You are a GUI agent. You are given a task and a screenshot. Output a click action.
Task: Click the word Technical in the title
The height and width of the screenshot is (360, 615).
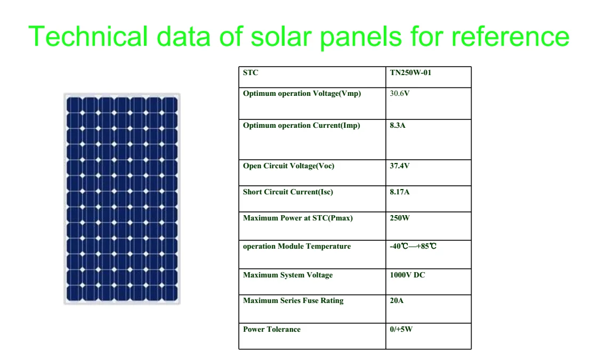tap(88, 36)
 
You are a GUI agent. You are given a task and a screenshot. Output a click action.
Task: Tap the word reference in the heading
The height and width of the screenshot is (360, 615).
tap(510, 36)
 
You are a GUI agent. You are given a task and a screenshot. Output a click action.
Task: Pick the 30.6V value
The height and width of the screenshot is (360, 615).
tap(400, 93)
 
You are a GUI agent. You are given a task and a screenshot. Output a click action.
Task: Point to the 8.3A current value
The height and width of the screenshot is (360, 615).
tap(398, 125)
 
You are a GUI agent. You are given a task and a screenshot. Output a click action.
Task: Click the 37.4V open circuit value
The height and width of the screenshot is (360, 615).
tap(400, 166)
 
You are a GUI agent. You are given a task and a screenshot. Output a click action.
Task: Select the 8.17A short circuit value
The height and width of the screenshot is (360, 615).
tap(400, 192)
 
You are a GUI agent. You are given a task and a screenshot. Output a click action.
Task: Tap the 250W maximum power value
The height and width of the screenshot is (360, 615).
tap(400, 218)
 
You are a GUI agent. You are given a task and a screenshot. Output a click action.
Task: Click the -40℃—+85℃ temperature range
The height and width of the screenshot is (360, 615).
tap(413, 246)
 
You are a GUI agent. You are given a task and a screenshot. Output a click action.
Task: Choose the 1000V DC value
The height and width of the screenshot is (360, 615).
tap(408, 275)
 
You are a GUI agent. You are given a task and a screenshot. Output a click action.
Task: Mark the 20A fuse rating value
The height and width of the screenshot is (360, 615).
tap(396, 300)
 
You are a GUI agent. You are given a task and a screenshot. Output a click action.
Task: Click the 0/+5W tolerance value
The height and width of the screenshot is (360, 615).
tap(401, 329)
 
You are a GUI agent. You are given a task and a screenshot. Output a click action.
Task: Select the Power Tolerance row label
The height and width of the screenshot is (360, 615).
tap(272, 329)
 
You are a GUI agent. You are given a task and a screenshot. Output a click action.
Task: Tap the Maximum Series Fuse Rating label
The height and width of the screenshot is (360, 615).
tap(293, 300)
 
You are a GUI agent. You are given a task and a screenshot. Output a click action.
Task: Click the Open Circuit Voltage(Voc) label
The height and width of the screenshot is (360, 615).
tap(289, 166)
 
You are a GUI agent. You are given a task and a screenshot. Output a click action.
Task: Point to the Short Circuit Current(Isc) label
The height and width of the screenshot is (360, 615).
tap(288, 192)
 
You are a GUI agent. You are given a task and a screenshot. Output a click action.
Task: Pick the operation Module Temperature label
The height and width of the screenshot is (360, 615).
tap(297, 246)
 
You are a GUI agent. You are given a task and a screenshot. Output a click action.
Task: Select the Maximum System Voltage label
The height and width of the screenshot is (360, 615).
tap(288, 275)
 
